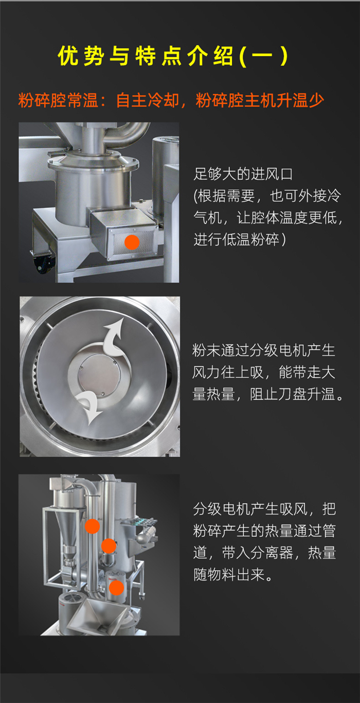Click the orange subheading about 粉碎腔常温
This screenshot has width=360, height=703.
point(171,100)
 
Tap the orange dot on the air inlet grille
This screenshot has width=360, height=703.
point(132,242)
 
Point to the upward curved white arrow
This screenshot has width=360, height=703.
point(114,338)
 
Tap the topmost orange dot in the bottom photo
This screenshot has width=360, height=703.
point(92,526)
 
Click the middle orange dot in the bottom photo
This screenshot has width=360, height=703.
point(109,546)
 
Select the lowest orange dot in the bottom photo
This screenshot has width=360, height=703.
point(116,588)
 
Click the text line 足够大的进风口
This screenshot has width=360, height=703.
point(243,174)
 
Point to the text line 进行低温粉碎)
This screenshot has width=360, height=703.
point(240,240)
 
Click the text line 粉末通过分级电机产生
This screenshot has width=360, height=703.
point(264,350)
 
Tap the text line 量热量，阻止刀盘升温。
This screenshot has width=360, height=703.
point(268,394)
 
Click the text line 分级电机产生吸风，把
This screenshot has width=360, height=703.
point(265,509)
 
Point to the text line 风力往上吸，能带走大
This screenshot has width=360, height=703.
point(264,372)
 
